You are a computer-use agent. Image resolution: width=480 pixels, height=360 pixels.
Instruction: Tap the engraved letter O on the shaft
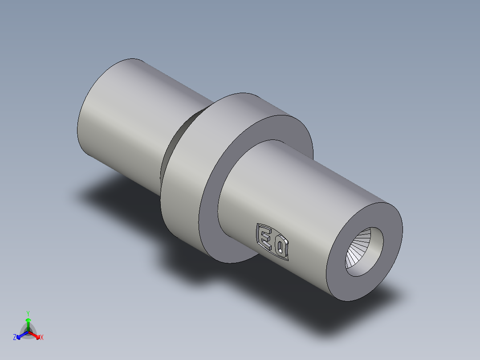click(x=281, y=248)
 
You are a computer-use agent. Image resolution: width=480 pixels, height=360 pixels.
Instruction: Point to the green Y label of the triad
click(x=28, y=313)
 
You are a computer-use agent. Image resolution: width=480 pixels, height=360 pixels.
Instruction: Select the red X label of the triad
click(x=42, y=338)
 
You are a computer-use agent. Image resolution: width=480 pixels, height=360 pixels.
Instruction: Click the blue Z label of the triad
click(x=15, y=338)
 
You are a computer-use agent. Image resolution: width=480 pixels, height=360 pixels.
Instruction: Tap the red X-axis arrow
click(x=36, y=335)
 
